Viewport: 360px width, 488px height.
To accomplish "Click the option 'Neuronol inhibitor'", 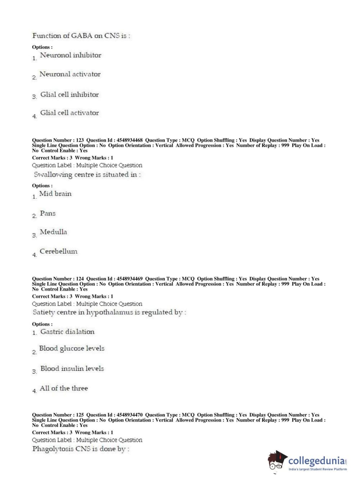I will click(x=70, y=55).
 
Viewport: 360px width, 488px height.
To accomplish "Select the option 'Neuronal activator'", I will click(x=70, y=74).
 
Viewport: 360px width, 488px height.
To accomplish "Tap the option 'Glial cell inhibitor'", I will click(x=69, y=95).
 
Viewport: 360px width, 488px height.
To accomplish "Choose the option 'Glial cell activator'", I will click(x=69, y=113).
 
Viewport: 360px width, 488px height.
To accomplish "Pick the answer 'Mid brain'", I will click(x=55, y=194).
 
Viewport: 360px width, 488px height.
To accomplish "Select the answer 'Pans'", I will click(x=48, y=213).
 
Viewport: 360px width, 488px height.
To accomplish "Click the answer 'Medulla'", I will click(x=53, y=232).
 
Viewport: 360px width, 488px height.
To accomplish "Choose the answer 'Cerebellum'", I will click(x=58, y=252).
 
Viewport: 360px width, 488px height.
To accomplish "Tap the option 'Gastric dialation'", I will click(x=67, y=332).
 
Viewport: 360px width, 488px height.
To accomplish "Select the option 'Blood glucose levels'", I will click(x=72, y=348).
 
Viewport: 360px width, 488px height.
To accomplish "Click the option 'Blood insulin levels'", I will click(x=72, y=369).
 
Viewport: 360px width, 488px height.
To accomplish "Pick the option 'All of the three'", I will click(x=64, y=388).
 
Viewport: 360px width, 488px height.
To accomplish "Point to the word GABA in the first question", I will click(x=82, y=36).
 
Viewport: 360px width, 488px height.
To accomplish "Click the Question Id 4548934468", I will click(x=129, y=140).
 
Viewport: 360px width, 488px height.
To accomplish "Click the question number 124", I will click(x=80, y=279).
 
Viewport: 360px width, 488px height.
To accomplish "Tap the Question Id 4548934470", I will click(x=129, y=415).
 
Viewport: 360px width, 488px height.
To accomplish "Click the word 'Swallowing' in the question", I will click(x=53, y=175).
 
